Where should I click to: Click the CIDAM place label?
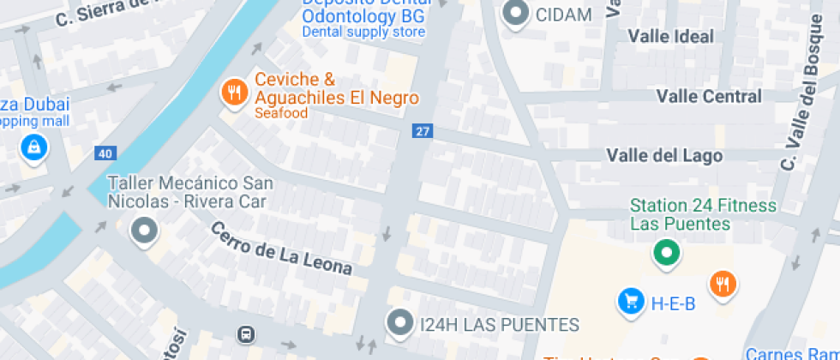tap(563, 15)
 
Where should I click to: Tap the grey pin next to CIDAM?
tap(516, 14)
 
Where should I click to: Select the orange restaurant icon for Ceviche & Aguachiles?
tap(233, 93)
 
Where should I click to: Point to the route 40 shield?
tap(105, 153)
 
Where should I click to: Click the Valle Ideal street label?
tap(670, 36)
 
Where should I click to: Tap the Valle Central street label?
tap(709, 96)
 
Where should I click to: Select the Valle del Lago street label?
tap(664, 155)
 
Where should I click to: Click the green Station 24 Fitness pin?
tap(666, 252)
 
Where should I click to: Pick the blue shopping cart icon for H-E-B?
tap(631, 301)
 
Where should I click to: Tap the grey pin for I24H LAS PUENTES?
tap(399, 322)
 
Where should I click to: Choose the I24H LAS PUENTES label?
tap(500, 325)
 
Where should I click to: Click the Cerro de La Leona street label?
tap(281, 249)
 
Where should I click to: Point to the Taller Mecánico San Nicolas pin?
tap(143, 231)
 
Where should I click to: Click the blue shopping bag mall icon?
tap(34, 147)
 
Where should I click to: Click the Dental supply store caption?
tap(363, 33)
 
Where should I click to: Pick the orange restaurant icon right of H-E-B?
tap(723, 283)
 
